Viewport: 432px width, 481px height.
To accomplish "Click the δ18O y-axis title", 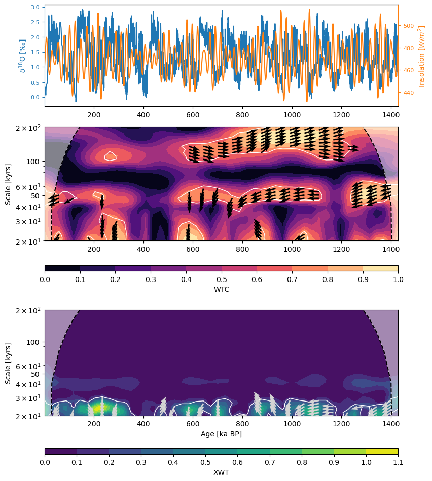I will pos(23,56).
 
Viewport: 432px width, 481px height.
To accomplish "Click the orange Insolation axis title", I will pos(421,56).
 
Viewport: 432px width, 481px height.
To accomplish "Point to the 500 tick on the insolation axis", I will pos(409,26).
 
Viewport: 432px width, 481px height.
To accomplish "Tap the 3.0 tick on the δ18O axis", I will pos(35,8).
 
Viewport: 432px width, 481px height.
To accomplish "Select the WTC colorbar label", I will pos(221,289).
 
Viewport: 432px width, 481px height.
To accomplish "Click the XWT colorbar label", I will pos(221,472).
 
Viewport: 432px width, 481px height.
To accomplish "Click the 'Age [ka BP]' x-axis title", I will pos(221,434).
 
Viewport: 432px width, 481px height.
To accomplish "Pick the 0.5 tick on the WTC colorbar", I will pos(221,279).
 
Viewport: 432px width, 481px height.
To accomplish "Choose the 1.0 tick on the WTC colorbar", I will pos(398,279).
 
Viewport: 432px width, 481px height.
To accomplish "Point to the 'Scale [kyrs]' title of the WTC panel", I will pos(8,184).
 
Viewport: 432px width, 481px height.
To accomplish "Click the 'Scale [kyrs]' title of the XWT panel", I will pos(8,363).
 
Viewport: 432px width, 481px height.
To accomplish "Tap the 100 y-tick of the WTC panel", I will pos(33,162).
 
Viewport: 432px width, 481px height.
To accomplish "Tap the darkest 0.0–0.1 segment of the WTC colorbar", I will pos(62,268).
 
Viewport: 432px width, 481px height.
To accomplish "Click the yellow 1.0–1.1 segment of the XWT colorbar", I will pos(382,451).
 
